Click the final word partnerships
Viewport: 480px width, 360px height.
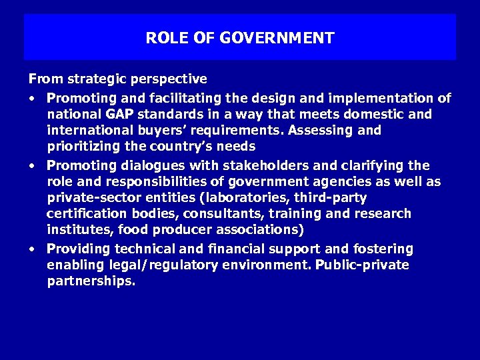(x=91, y=281)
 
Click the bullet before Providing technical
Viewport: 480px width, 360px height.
(x=32, y=249)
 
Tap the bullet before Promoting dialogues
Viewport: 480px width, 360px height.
(x=32, y=165)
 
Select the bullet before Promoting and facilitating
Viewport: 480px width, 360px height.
(x=32, y=98)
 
